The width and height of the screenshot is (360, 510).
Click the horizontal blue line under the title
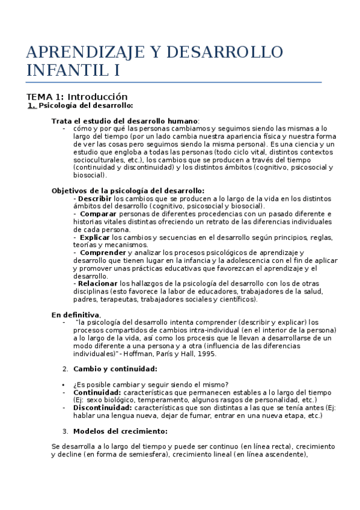[174, 82]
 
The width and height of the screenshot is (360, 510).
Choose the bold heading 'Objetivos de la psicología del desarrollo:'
[128, 191]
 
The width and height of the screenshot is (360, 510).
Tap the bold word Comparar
[99, 214]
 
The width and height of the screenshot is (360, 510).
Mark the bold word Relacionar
[96, 283]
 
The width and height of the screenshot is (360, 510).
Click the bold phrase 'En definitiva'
[75, 315]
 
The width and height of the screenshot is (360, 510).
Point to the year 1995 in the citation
[207, 354]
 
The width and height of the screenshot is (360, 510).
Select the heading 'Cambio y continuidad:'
[115, 369]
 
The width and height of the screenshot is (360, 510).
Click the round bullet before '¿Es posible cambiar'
[64, 385]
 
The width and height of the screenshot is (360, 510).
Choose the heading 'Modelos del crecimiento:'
[120, 431]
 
